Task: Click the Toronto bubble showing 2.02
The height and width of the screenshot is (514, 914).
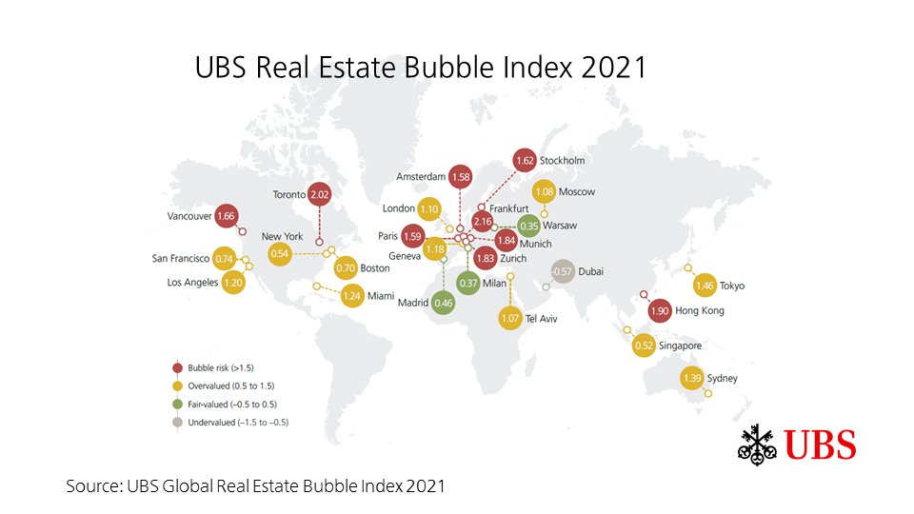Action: click(319, 194)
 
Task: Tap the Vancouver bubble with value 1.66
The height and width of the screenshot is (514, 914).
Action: click(227, 216)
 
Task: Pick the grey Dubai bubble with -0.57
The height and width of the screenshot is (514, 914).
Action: click(563, 271)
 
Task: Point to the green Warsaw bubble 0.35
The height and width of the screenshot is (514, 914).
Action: click(530, 226)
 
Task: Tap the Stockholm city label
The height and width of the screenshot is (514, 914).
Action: click(562, 160)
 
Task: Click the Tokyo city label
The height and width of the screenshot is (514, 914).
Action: click(732, 286)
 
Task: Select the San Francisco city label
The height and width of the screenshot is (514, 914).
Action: click(181, 258)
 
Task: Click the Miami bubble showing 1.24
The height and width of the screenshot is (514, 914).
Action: click(351, 296)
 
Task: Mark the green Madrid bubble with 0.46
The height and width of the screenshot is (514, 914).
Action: click(443, 303)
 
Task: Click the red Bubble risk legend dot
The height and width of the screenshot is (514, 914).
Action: click(177, 367)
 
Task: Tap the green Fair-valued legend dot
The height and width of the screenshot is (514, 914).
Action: click(177, 403)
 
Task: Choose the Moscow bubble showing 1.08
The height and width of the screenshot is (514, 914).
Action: click(545, 191)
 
